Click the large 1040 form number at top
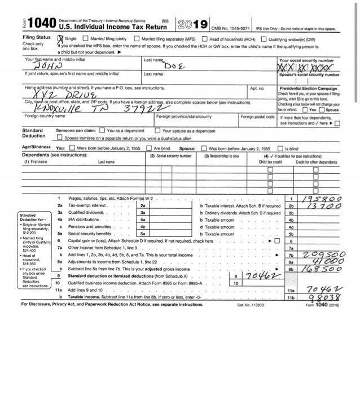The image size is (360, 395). pyautogui.click(x=35, y=23)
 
